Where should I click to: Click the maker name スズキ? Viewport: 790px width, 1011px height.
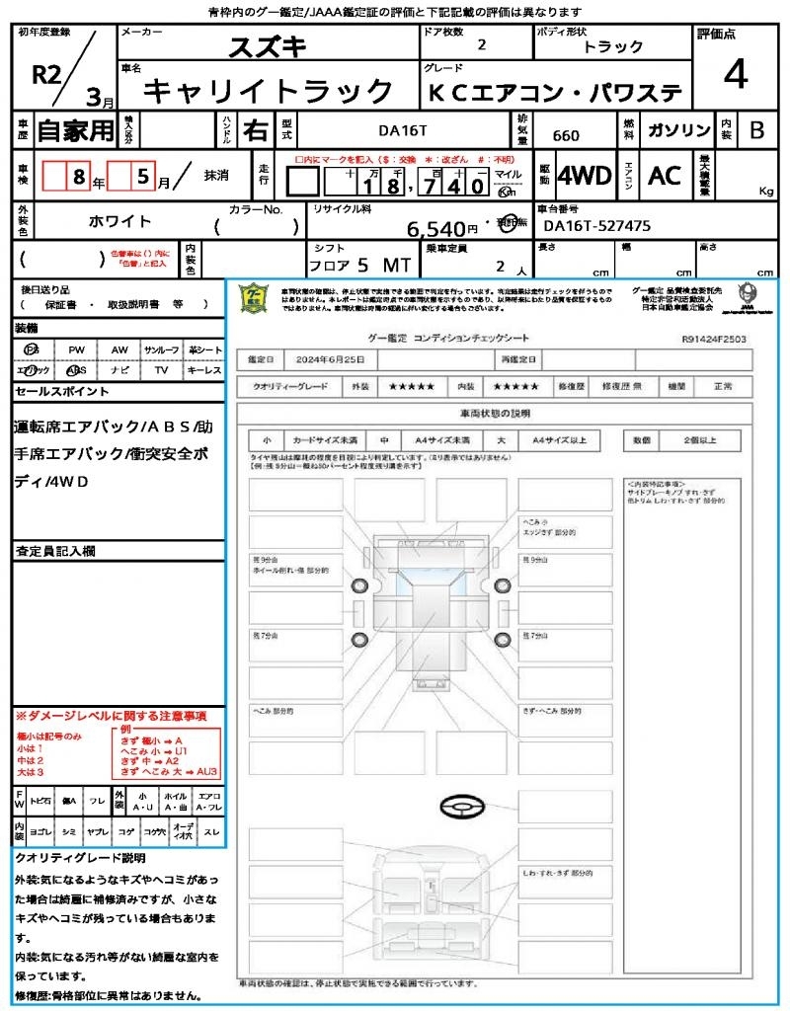click(x=268, y=46)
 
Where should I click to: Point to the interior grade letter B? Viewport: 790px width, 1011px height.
click(x=756, y=130)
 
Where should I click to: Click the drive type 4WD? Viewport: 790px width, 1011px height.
click(x=584, y=176)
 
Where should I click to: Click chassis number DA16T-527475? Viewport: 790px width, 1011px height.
click(x=597, y=226)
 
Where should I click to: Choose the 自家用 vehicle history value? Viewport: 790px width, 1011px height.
click(x=76, y=130)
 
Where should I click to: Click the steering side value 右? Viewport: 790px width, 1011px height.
click(x=255, y=130)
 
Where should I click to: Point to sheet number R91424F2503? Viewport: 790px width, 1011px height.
click(x=713, y=338)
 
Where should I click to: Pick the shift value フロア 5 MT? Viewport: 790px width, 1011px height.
click(x=357, y=265)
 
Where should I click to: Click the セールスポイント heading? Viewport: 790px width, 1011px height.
click(x=62, y=391)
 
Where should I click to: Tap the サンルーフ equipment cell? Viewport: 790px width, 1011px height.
click(x=161, y=350)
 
